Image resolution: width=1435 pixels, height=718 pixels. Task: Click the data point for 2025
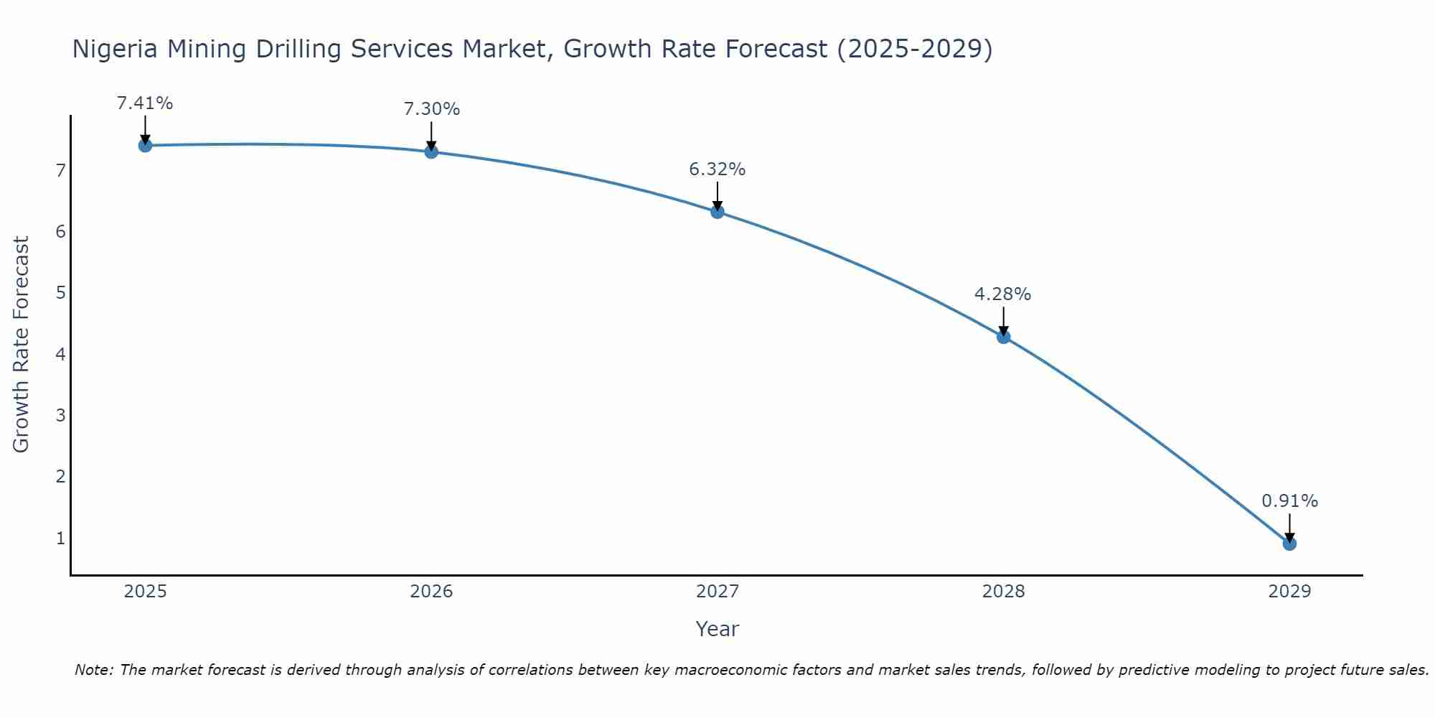145,146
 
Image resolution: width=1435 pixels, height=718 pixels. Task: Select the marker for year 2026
431,151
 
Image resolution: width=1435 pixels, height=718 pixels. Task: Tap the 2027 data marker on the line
717,212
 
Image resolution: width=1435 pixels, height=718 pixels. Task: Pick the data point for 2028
1004,337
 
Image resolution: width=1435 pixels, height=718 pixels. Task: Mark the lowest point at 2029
1289,544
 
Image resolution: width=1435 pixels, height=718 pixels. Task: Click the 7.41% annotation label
145,103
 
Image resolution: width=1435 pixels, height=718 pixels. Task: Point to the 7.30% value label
431,109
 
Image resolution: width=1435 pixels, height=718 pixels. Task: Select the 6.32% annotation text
717,169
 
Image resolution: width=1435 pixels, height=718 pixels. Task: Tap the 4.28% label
1003,294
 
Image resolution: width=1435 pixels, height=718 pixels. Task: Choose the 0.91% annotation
1289,501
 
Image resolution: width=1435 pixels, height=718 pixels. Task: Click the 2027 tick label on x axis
717,592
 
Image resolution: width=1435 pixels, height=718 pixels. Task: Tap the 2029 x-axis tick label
1289,592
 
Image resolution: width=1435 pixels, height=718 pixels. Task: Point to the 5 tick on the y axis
60,293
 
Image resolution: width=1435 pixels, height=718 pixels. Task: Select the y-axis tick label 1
60,538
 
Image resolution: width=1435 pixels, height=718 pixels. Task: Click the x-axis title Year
717,629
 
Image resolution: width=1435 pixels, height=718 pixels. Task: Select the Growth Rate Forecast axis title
22,345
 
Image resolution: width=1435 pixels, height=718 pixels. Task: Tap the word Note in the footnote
93,670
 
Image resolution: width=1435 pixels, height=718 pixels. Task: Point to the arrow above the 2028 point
1004,321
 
